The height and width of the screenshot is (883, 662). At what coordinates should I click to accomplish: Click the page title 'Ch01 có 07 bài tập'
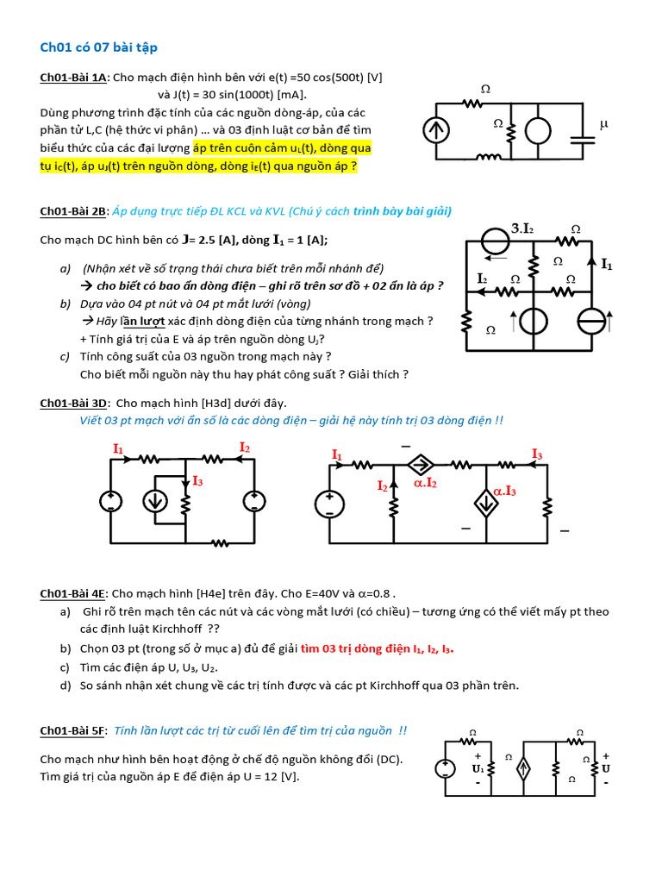(99, 47)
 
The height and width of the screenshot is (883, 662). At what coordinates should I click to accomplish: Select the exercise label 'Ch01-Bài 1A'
(74, 78)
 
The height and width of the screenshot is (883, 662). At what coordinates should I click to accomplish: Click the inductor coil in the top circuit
(489, 157)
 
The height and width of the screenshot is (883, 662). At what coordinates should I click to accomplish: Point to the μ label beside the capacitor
(603, 124)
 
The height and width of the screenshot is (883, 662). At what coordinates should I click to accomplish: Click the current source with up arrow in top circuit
(434, 130)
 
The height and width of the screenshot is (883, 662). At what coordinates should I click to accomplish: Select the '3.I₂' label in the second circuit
(523, 229)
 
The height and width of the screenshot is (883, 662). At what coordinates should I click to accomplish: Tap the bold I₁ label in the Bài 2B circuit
(607, 264)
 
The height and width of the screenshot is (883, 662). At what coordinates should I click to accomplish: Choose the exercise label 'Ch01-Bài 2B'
(74, 211)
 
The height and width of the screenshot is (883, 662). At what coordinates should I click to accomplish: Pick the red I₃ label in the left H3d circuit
(197, 480)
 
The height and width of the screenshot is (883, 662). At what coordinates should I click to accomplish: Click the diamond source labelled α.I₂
(422, 465)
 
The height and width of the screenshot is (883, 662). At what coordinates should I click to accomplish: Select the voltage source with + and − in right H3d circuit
(329, 504)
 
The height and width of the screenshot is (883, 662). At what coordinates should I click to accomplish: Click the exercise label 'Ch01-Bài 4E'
(74, 593)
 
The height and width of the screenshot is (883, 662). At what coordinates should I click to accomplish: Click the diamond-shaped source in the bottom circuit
(522, 769)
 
